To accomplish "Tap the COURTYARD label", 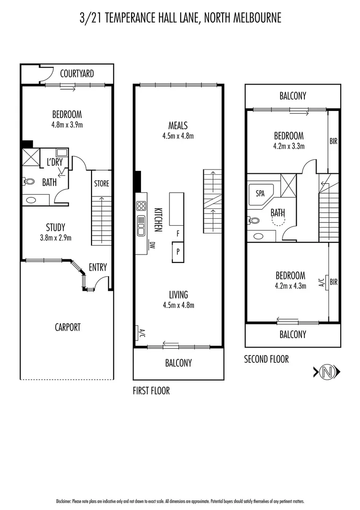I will pos(77,74).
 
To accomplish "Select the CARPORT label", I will pos(67,327).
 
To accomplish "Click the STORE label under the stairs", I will pos(101,183).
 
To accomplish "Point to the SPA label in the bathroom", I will pos(260,194).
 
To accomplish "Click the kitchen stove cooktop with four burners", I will pos(141,205).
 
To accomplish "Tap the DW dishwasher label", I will pos(152,245).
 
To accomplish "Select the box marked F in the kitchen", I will pos(177,233).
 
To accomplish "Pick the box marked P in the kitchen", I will pos(177,252).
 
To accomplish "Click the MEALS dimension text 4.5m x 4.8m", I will pos(178,136).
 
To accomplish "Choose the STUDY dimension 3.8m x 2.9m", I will pos(56,238).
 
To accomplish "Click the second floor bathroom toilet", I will pos(253,220).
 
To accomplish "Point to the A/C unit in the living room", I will pos(140,333).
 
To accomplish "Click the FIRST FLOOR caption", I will pos(151,391).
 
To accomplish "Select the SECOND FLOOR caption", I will pos(266,359).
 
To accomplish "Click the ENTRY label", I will pos(98,267).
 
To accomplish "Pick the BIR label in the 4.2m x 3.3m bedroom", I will pos(334,141).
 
